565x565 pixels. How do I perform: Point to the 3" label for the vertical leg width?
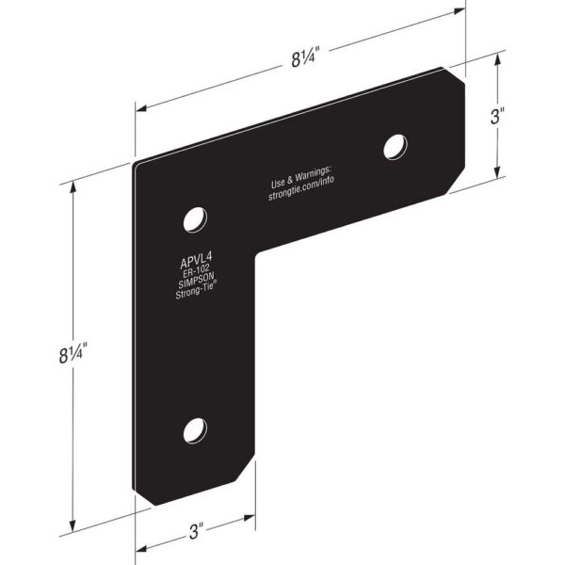(196, 532)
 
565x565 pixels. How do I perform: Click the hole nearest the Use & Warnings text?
(395, 146)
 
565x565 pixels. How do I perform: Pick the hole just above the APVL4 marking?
(195, 220)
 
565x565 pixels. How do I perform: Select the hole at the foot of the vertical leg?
(195, 430)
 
